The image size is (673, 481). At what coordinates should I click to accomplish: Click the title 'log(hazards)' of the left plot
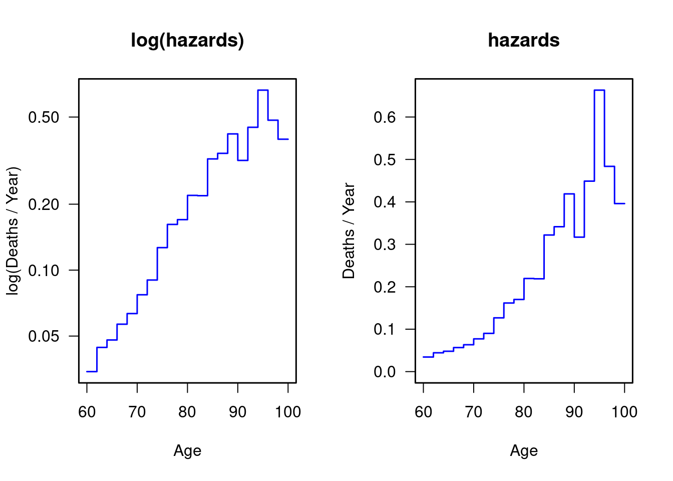pyautogui.click(x=187, y=40)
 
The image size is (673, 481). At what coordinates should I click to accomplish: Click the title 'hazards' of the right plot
pyautogui.click(x=523, y=40)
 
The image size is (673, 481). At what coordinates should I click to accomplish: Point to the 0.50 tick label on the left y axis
pyautogui.click(x=44, y=117)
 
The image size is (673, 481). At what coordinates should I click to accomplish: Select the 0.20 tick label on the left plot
pyautogui.click(x=44, y=204)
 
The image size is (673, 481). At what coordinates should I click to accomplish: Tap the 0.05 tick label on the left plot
pyautogui.click(x=44, y=336)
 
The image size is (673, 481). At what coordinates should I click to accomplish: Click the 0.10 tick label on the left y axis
pyautogui.click(x=44, y=271)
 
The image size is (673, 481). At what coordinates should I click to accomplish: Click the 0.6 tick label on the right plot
pyautogui.click(x=385, y=117)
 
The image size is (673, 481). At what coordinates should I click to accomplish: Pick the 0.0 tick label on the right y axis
pyautogui.click(x=385, y=372)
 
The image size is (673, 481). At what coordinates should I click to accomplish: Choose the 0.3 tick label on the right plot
pyautogui.click(x=385, y=245)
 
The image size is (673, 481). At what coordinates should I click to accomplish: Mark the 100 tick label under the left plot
pyautogui.click(x=288, y=412)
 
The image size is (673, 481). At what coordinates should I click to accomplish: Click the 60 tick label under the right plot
pyautogui.click(x=424, y=412)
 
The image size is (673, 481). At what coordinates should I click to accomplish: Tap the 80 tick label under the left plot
pyautogui.click(x=187, y=412)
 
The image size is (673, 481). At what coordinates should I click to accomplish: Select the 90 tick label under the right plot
pyautogui.click(x=574, y=412)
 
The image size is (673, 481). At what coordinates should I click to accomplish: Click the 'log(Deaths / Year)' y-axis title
pyautogui.click(x=13, y=231)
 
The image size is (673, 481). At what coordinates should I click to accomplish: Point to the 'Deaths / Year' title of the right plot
pyautogui.click(x=349, y=231)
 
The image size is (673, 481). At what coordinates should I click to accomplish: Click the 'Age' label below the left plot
pyautogui.click(x=187, y=451)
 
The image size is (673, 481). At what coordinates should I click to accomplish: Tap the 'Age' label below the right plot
pyautogui.click(x=524, y=451)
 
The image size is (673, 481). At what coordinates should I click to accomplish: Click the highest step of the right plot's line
pyautogui.click(x=599, y=90)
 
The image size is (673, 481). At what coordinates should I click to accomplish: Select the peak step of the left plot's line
pyautogui.click(x=263, y=90)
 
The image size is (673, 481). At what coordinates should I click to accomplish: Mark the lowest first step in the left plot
pyautogui.click(x=92, y=371)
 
